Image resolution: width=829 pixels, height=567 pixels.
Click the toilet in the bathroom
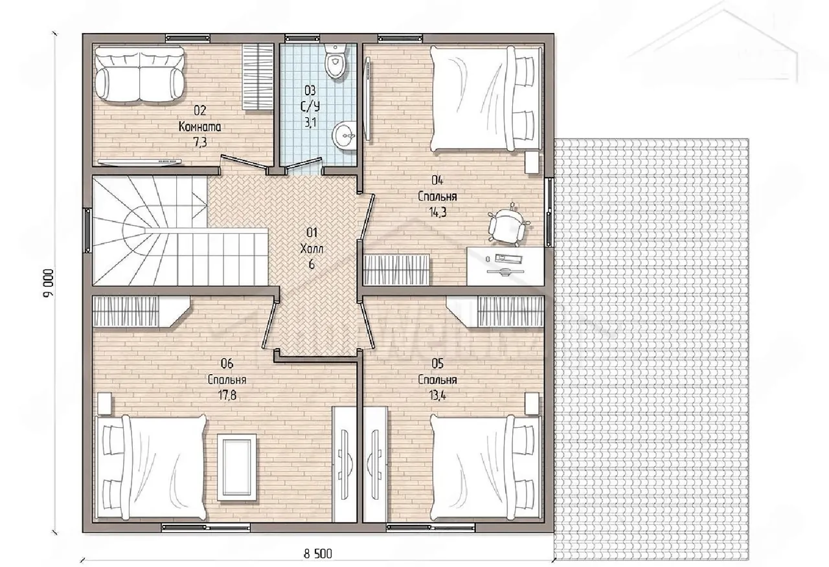335,61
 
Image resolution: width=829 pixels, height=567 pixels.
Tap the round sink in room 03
344,136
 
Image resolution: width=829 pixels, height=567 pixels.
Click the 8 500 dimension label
318,553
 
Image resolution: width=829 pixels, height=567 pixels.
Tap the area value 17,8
227,395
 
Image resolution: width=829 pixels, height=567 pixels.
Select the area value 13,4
437,395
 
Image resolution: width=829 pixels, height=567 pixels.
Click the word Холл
312,249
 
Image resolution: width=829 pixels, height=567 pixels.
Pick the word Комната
200,126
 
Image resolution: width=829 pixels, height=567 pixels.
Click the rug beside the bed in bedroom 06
237,467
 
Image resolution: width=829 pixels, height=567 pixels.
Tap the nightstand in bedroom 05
532,403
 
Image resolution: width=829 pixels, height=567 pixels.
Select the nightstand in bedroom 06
105,403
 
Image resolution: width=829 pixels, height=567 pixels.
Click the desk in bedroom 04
505,266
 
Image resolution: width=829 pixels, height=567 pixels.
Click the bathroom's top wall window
302,38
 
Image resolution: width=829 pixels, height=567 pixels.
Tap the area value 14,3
437,212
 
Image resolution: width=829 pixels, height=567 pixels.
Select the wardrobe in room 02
258,77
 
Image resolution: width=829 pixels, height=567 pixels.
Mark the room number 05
437,364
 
